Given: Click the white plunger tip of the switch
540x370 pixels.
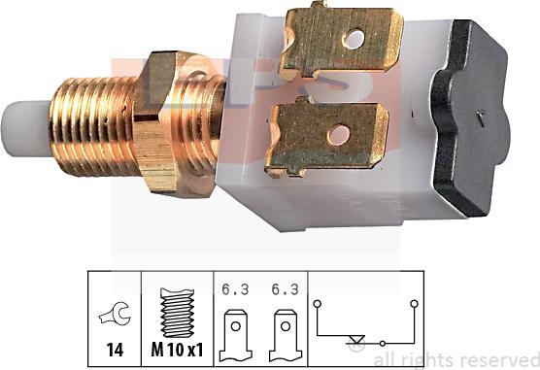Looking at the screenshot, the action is point(26,128).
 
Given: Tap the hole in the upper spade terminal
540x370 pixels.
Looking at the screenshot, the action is point(354,39).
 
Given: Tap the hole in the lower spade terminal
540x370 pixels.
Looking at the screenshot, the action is point(338,135).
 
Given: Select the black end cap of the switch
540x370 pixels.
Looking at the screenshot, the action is point(470,118).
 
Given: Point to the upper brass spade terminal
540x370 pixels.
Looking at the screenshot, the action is point(341,41).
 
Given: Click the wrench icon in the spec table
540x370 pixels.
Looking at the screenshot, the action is point(115,314).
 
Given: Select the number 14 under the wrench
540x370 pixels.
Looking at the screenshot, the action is point(115,350).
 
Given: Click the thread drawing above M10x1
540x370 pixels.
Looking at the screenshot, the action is point(178,313).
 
